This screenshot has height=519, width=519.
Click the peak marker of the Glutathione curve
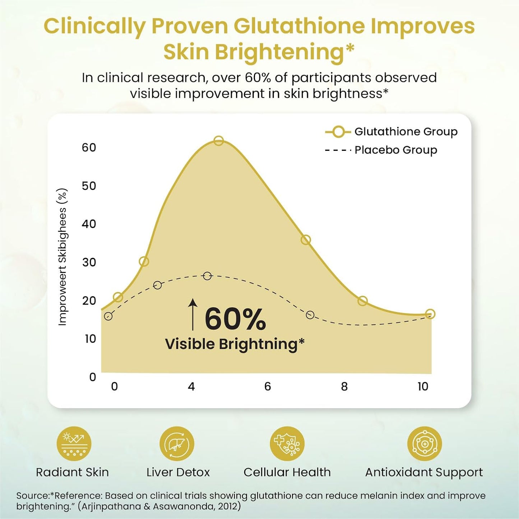click(x=218, y=141)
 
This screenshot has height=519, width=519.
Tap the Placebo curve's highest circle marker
click(x=207, y=276)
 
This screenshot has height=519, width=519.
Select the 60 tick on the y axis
click(x=89, y=147)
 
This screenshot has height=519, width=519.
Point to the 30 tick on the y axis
click(x=89, y=262)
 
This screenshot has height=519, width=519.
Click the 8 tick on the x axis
click(x=344, y=386)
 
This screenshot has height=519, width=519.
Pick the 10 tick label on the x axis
click(x=423, y=386)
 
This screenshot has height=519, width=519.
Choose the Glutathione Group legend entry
click(x=391, y=132)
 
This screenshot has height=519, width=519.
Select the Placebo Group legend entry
click(x=381, y=150)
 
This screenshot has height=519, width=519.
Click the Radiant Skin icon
click(x=74, y=444)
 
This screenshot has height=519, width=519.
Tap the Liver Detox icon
click(x=177, y=444)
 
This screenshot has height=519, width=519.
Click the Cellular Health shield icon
click(x=287, y=444)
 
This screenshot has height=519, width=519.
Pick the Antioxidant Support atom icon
click(x=424, y=444)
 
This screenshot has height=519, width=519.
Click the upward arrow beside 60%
click(x=193, y=314)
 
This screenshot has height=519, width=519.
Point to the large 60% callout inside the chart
click(x=235, y=319)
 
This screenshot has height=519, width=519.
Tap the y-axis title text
click(x=62, y=257)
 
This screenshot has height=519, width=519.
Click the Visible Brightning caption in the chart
click(x=235, y=344)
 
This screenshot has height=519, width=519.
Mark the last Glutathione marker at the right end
click(x=430, y=314)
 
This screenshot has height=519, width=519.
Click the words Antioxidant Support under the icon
click(x=424, y=472)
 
